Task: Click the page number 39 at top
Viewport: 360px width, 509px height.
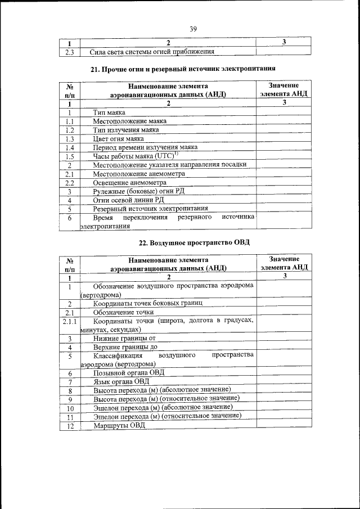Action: [193, 29]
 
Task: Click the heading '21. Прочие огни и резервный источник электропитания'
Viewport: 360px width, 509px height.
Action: [183, 69]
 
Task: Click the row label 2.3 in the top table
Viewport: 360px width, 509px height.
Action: [69, 52]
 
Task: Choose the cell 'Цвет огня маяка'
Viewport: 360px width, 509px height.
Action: [119, 138]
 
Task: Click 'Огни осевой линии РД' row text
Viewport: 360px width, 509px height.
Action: [129, 200]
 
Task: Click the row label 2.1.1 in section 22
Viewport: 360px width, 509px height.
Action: [70, 321]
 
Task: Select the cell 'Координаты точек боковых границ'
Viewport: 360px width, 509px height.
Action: [148, 303]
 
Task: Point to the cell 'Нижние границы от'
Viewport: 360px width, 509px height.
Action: [124, 339]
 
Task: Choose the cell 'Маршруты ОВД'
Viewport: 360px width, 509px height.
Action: [119, 425]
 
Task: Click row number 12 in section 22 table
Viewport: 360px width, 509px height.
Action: [70, 425]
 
